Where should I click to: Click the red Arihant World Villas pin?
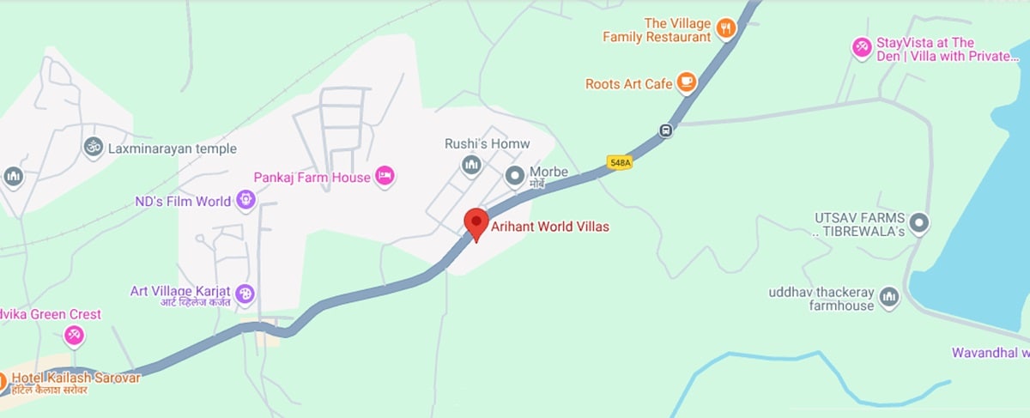tap(476, 221)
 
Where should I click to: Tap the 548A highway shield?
tap(619, 161)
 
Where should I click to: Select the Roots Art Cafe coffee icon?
tap(686, 82)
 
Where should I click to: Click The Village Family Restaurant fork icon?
tap(726, 28)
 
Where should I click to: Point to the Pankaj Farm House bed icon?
tap(385, 176)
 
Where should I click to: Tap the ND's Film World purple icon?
tap(246, 201)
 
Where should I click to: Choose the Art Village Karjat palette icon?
tap(245, 294)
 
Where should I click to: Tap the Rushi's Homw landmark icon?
tap(471, 164)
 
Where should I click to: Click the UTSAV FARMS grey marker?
tap(919, 224)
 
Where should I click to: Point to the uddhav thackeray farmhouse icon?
tap(888, 297)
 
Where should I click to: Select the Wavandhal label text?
tap(990, 353)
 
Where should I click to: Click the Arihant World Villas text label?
tap(549, 227)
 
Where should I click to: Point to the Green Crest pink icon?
tap(75, 335)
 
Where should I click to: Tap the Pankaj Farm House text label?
tap(312, 178)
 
